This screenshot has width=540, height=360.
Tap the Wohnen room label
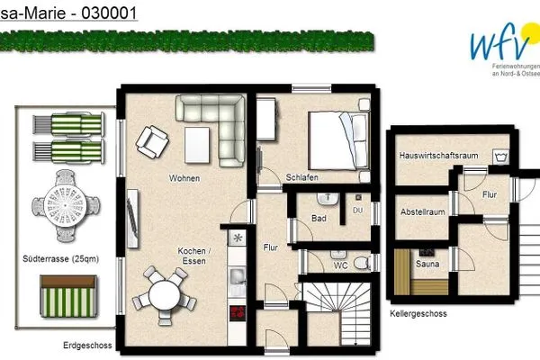pyautogui.click(x=184, y=179)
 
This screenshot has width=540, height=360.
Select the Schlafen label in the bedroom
pyautogui.click(x=302, y=177)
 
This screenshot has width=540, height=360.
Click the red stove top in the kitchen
pyautogui.click(x=239, y=313)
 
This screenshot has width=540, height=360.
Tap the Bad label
pyautogui.click(x=319, y=218)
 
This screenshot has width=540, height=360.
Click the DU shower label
pyautogui.click(x=357, y=211)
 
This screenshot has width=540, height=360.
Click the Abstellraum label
pyautogui.click(x=422, y=211)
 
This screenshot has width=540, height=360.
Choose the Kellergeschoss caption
pyautogui.click(x=418, y=314)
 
